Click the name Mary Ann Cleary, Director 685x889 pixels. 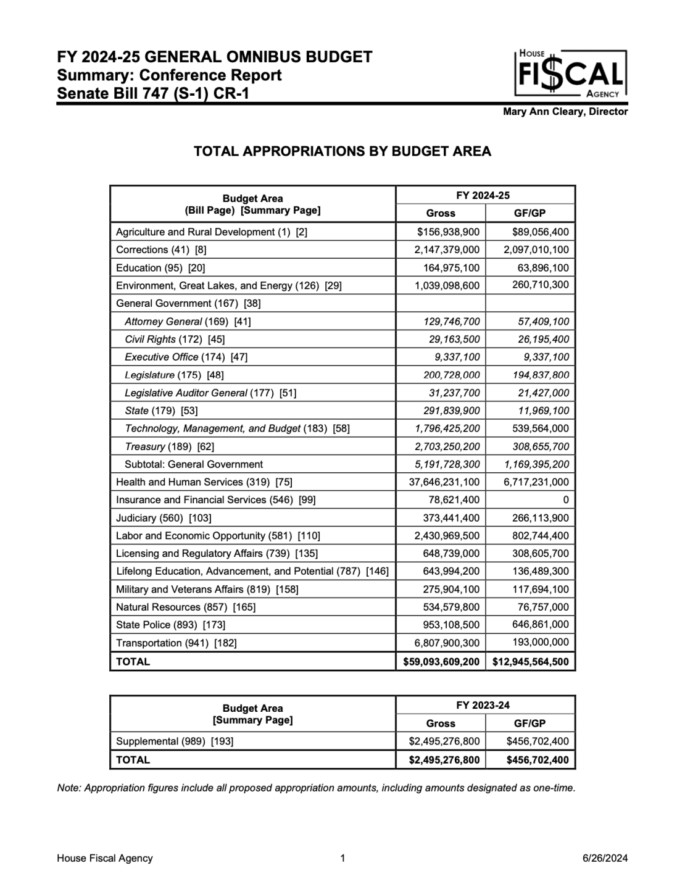coord(565,112)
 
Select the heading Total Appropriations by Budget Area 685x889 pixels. coord(342,151)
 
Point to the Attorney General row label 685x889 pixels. coord(188,322)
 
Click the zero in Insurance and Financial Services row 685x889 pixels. coord(565,500)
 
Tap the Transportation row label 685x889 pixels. coord(176,643)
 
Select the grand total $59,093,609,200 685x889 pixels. coord(441,662)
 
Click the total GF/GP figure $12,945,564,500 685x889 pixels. coord(531,662)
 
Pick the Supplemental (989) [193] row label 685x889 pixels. coord(175,741)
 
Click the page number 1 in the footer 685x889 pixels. coord(342,858)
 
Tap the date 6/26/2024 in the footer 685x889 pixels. coord(605,858)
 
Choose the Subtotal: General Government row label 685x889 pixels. coord(193,464)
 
